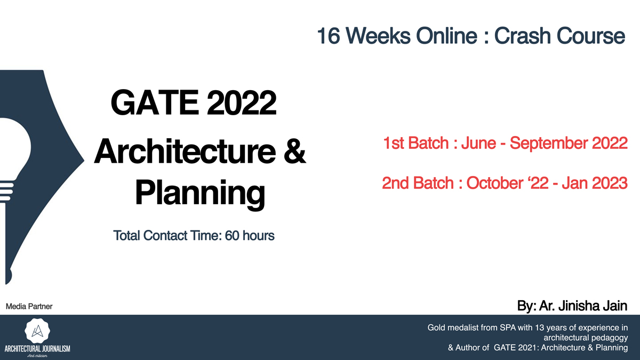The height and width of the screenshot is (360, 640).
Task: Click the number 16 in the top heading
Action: [329, 36]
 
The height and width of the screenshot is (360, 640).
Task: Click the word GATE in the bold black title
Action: [155, 102]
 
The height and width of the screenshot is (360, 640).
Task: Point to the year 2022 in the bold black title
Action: [242, 102]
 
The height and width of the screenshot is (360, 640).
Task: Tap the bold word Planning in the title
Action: [200, 193]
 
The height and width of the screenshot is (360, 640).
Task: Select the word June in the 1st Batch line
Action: [478, 143]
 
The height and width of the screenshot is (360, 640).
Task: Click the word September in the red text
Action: [549, 143]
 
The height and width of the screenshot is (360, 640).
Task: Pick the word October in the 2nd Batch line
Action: [495, 183]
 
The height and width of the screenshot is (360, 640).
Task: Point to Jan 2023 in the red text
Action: [595, 183]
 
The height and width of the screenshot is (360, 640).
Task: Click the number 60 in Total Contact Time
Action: [232, 236]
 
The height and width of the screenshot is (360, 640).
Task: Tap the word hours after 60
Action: [258, 236]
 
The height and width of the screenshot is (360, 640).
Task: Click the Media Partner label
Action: [29, 307]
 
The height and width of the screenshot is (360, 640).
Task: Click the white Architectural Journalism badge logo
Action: [37, 331]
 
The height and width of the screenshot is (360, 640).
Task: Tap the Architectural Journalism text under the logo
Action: [37, 349]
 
